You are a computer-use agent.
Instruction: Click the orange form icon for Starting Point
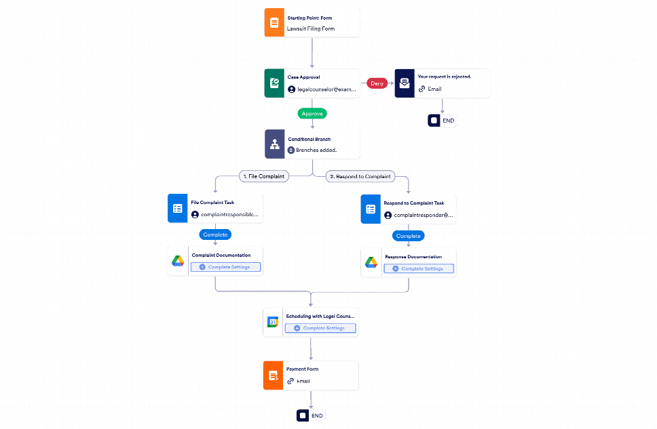[274, 22]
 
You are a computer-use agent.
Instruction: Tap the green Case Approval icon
[274, 83]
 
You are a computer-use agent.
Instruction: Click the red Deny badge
[377, 83]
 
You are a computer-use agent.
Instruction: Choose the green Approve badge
[312, 114]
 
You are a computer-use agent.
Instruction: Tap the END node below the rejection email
[442, 121]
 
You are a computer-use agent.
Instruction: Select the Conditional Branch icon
[274, 144]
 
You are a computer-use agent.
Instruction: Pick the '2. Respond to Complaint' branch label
[360, 176]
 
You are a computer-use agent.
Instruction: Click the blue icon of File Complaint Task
[177, 209]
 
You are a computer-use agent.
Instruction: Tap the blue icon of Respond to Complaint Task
[371, 209]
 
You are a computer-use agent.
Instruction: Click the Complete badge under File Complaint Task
[215, 234]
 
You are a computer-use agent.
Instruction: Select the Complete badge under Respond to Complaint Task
[409, 236]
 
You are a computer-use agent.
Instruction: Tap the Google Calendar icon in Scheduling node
[273, 322]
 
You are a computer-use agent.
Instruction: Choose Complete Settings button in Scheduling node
[320, 328]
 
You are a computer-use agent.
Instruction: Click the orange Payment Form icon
[273, 375]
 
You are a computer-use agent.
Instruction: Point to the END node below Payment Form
[312, 415]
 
